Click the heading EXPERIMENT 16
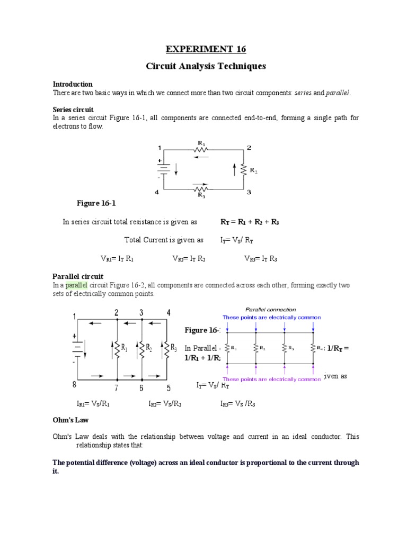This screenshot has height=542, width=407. [206, 49]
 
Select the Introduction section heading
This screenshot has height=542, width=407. [73, 84]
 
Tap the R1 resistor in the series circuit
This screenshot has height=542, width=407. [201, 148]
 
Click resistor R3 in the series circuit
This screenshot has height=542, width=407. [201, 189]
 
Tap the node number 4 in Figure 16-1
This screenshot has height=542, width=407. [157, 193]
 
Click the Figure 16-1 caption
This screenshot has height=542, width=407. [95, 203]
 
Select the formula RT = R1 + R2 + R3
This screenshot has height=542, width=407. [250, 222]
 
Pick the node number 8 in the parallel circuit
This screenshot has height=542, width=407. [75, 384]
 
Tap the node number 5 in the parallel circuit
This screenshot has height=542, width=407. [169, 388]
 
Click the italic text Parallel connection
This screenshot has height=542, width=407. [270, 310]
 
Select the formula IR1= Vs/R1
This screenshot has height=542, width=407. [93, 404]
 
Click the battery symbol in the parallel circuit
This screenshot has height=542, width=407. [77, 348]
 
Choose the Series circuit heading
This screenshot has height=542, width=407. [72, 109]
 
